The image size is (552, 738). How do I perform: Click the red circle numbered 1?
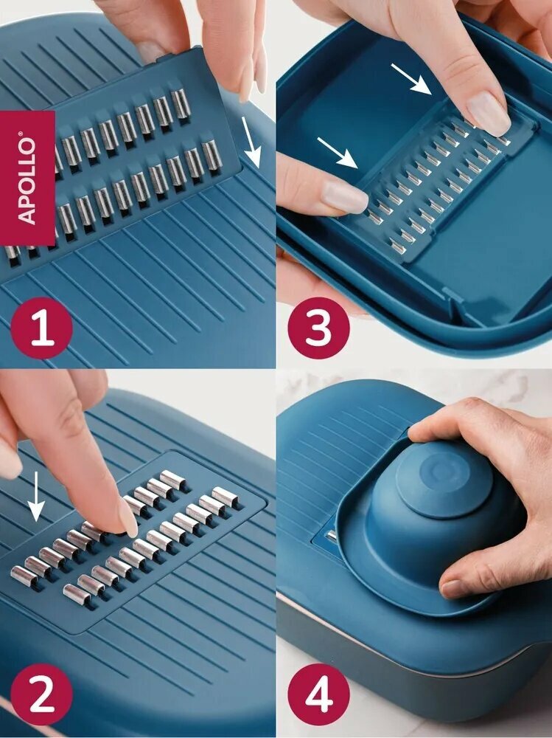[41, 328]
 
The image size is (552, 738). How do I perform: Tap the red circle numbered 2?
[41, 694]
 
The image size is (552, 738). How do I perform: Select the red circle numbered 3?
[319, 328]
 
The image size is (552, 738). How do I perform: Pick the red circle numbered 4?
[319, 694]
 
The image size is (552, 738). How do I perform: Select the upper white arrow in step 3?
[411, 79]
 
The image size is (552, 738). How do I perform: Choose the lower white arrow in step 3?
[337, 153]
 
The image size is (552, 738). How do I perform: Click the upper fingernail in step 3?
[489, 114]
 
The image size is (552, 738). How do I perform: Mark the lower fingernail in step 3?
[345, 196]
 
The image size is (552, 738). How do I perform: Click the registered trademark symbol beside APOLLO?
[20, 134]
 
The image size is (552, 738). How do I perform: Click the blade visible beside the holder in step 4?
[332, 535]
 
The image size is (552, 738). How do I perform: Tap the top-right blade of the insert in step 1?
[181, 103]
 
